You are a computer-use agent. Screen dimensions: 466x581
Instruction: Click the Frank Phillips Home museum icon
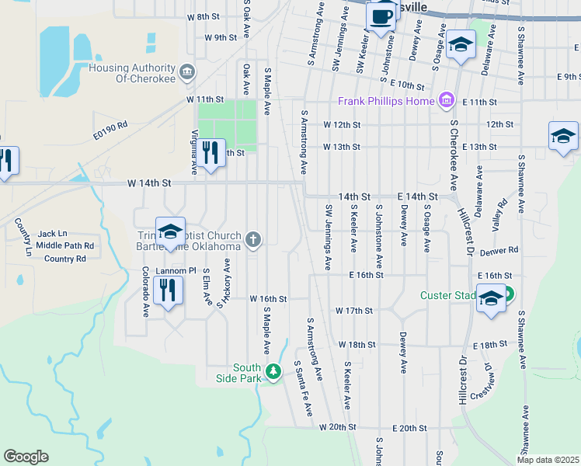pos(446,101)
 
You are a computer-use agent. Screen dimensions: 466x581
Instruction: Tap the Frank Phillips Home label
pos(386,102)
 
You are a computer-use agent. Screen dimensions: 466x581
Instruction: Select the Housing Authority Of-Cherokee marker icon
pos(187,73)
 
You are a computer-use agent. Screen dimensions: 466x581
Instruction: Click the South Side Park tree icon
pos(273,372)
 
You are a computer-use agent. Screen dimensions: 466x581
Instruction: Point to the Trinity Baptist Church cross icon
pos(253,239)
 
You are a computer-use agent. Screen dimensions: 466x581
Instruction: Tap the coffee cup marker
pos(381,16)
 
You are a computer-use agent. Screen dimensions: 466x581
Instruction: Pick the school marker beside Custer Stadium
pos(491,299)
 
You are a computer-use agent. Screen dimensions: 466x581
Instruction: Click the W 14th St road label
pos(148,183)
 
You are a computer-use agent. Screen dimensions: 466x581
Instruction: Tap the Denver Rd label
pos(499,251)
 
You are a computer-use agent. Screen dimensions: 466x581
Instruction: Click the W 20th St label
pos(337,427)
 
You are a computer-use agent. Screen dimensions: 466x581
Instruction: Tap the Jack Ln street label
pos(53,233)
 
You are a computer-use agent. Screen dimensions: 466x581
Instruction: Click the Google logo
pos(26,457)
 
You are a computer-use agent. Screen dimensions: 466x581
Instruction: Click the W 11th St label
pos(204,100)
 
